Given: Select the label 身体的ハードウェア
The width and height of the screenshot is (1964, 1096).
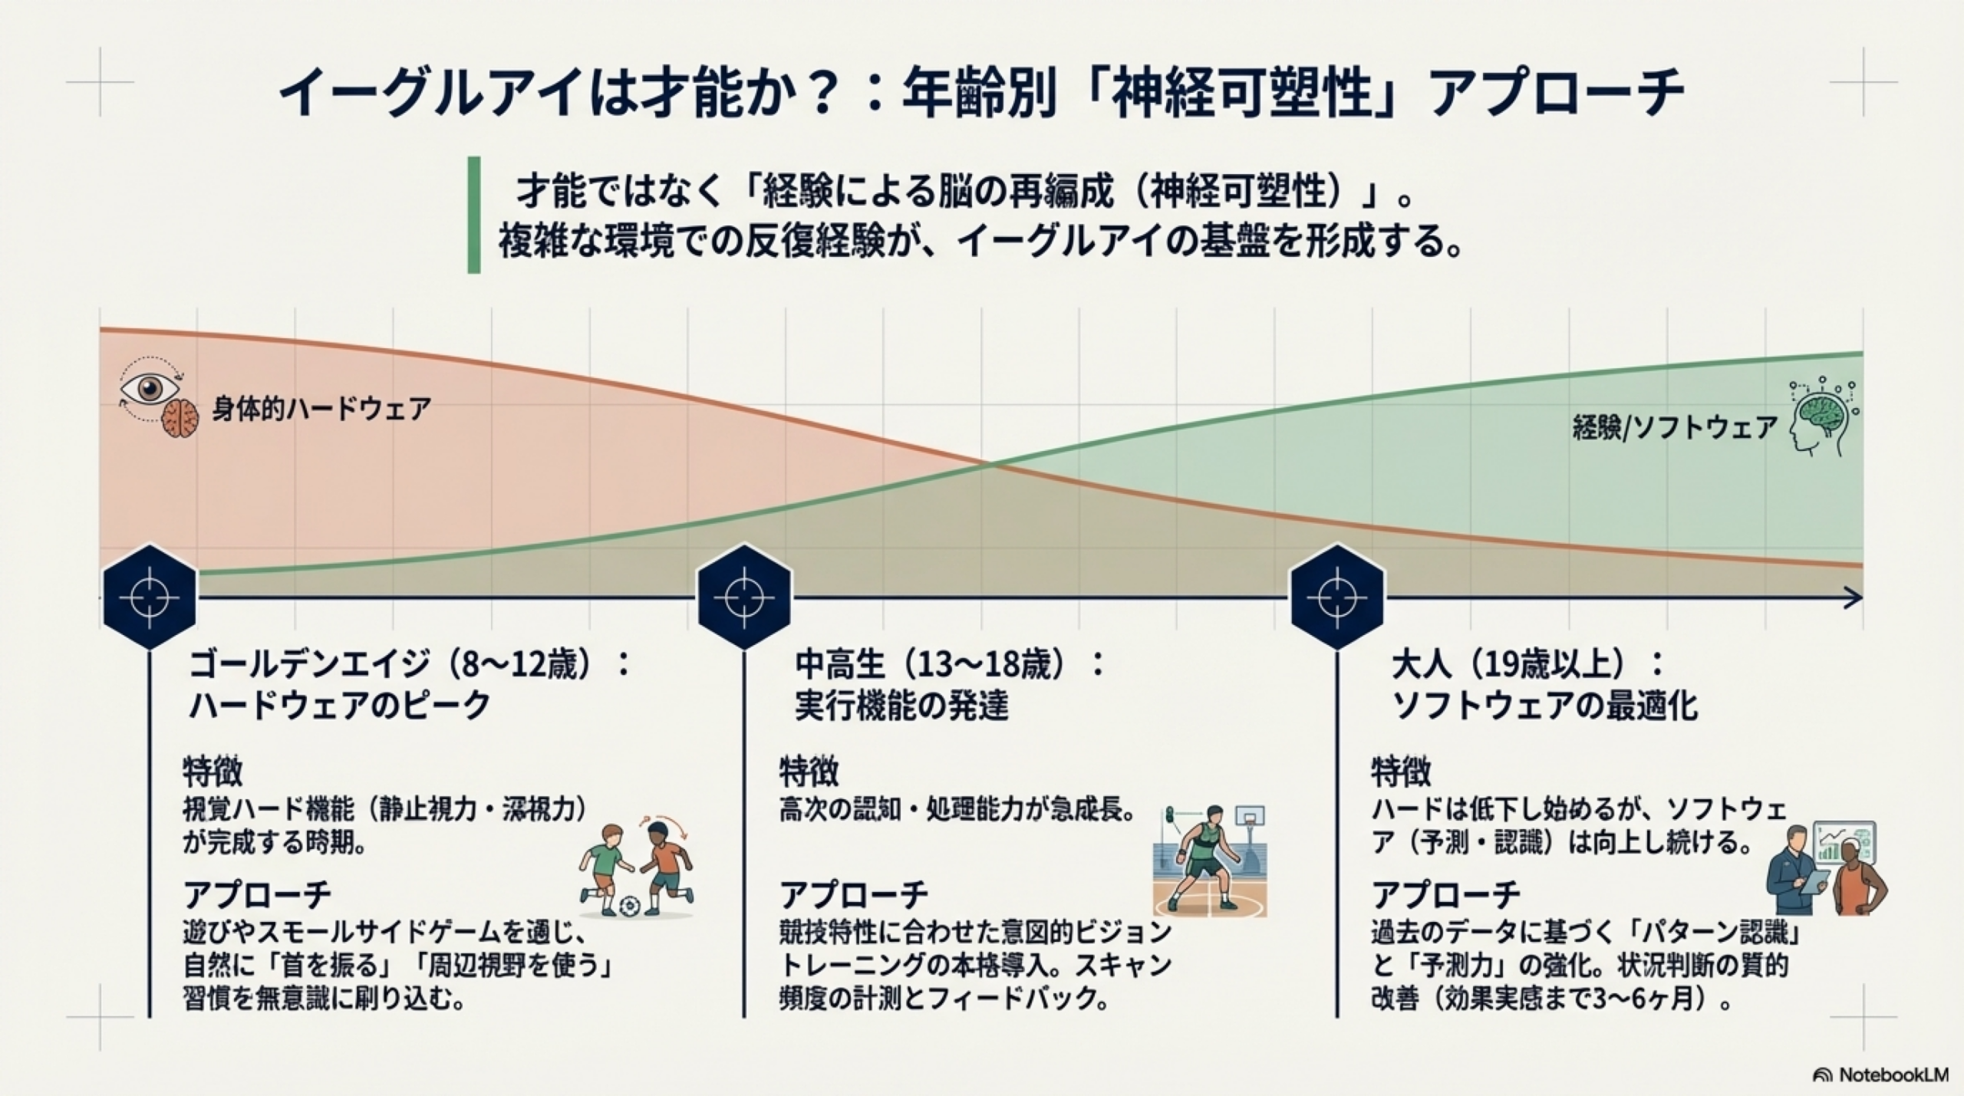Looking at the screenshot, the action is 321,409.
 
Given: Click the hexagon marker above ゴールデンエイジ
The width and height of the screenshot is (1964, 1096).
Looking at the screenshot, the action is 150,597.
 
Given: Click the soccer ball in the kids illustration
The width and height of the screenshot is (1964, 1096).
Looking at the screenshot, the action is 629,906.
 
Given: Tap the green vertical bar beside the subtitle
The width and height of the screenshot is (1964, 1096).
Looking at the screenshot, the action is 474,216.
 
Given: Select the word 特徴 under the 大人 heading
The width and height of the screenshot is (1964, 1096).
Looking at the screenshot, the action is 1401,771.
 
